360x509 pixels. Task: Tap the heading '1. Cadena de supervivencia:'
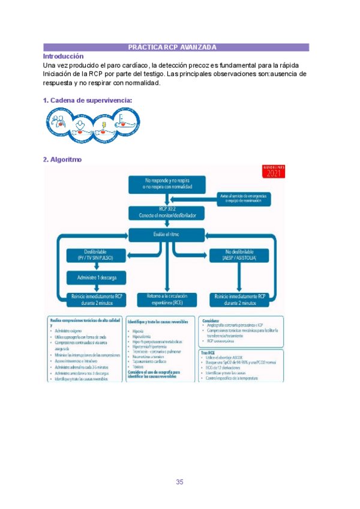[x=88, y=100]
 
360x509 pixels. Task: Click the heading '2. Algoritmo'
[x=62, y=160]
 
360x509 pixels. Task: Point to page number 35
[x=180, y=465]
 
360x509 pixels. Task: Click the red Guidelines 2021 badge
[x=274, y=172]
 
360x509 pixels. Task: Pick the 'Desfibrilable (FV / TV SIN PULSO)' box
[x=95, y=254]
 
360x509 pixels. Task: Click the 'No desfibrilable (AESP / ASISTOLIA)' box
[x=240, y=254]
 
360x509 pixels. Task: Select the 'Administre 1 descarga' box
[x=95, y=277]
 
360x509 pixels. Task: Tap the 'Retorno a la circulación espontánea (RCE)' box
[x=167, y=299]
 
